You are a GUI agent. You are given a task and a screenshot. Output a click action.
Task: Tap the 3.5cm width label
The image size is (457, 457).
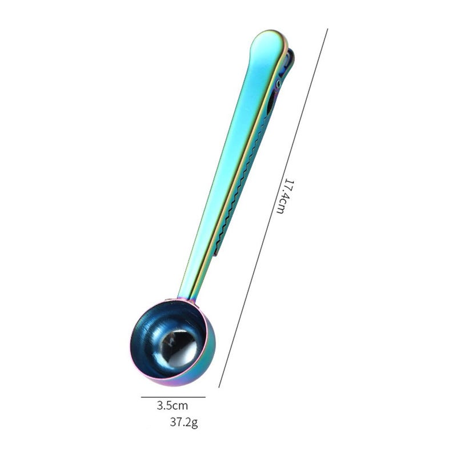tap(173, 406)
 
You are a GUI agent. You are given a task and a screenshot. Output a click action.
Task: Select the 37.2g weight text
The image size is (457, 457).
tap(184, 422)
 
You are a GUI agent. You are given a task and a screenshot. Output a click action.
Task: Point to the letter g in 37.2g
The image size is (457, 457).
tap(195, 423)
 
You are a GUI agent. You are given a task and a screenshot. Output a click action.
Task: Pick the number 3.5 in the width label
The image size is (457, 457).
tap(164, 406)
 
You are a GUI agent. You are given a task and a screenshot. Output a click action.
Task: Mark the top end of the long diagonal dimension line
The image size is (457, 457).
tap(327, 29)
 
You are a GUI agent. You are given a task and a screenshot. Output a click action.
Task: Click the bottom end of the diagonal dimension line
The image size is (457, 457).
tap(219, 387)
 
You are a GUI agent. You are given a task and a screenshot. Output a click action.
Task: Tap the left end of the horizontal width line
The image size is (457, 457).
tap(141, 397)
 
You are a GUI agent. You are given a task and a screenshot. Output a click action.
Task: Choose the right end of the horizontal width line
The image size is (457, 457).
tap(206, 397)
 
